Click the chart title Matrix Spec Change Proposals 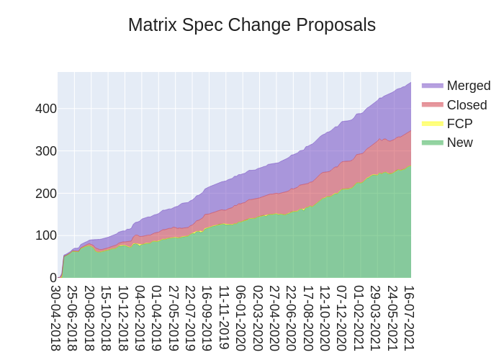(x=252, y=25)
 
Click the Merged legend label (x=468, y=86)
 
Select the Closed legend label (x=467, y=105)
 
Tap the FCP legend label (x=459, y=124)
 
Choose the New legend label (x=459, y=143)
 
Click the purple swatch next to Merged (x=432, y=86)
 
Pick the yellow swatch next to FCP (x=432, y=124)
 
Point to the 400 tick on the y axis (x=46, y=109)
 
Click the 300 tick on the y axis (x=46, y=151)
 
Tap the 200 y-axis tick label (x=46, y=193)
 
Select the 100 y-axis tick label (x=46, y=235)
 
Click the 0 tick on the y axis (x=53, y=277)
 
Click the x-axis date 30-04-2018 (x=56, y=318)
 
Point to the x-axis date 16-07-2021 (x=410, y=318)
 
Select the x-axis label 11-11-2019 (x=225, y=318)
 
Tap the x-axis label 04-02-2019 (x=140, y=318)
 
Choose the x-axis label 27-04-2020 (x=275, y=318)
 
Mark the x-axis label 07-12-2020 (x=343, y=318)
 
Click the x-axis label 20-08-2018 (x=90, y=318)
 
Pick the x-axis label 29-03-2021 (x=377, y=318)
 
